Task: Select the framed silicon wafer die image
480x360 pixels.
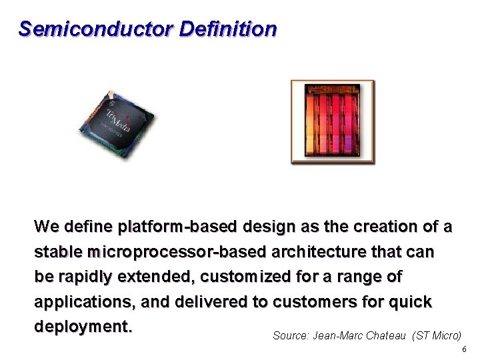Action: coord(333,121)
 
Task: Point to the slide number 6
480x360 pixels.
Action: coord(464,350)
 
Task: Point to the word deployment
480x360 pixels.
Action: coord(83,327)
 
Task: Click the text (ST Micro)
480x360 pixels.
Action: coord(437,336)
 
